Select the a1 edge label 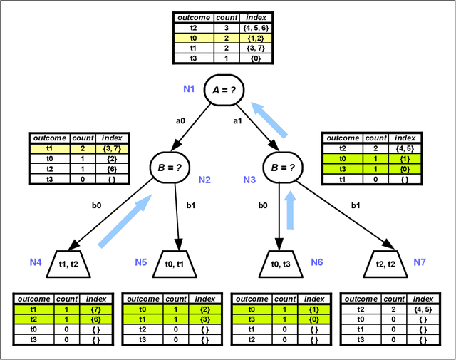237,121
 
